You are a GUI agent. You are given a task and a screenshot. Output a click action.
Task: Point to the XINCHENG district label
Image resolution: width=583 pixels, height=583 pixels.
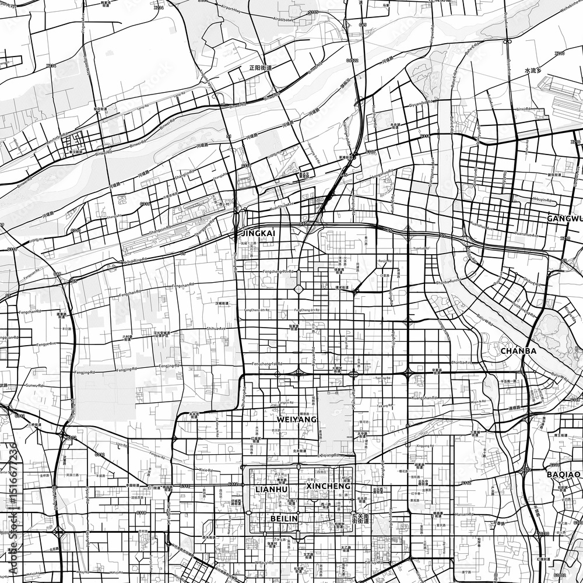click(328, 486)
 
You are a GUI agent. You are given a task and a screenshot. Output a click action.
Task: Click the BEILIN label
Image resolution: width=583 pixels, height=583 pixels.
click(284, 518)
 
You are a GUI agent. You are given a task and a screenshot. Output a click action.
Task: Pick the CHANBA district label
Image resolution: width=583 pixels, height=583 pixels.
click(518, 351)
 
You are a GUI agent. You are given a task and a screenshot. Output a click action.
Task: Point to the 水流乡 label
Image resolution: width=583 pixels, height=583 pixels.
click(533, 71)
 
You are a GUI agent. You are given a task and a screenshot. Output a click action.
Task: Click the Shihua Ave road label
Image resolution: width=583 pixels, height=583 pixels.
click(215, 329)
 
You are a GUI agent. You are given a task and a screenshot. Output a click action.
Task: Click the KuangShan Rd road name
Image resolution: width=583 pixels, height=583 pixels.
click(424, 397)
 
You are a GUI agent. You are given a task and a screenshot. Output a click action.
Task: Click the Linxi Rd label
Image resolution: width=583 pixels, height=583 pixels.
click(517, 108)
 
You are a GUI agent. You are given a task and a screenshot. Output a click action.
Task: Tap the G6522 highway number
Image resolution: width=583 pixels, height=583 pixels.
click(352, 59)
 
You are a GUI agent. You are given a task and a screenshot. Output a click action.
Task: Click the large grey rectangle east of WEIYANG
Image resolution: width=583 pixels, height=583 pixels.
click(335, 423)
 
